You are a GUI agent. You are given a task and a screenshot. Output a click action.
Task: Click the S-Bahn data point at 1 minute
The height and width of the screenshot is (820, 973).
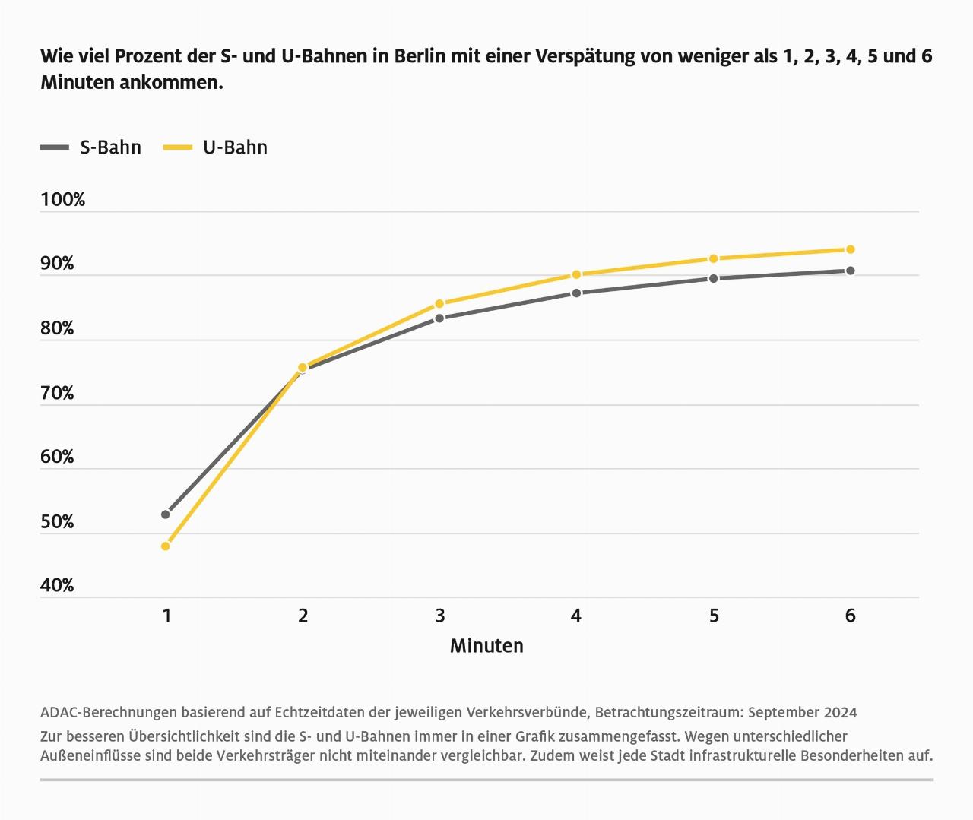[x=166, y=514]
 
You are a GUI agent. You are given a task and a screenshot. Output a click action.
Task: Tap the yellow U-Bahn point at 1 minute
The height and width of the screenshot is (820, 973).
[x=166, y=546]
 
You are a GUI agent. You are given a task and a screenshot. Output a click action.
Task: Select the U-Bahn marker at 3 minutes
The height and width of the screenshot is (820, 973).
[x=439, y=304]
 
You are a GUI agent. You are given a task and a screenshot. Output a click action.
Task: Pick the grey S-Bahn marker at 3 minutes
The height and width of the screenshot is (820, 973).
[x=439, y=318]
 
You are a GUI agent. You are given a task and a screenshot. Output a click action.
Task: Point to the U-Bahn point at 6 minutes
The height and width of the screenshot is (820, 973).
[x=850, y=249]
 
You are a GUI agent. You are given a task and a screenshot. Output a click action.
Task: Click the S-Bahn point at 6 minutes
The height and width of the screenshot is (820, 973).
[x=850, y=271]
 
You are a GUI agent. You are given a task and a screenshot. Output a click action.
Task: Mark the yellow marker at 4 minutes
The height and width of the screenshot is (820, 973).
[x=576, y=274]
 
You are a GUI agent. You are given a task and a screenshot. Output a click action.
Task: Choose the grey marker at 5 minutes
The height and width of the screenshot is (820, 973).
[x=713, y=278]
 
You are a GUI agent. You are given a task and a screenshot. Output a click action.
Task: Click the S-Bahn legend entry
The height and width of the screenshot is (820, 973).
[x=91, y=147]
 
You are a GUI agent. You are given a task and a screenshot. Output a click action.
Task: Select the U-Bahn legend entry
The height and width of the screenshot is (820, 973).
[x=216, y=147]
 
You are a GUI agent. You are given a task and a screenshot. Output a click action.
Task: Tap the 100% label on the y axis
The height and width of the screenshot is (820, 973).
[x=62, y=200]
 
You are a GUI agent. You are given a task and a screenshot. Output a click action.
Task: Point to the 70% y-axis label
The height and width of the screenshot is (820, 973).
[x=57, y=393]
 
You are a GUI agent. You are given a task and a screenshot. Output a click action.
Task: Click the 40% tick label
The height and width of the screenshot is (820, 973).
[x=57, y=585]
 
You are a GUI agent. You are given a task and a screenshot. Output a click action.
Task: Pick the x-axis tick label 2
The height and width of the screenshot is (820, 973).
[x=303, y=616]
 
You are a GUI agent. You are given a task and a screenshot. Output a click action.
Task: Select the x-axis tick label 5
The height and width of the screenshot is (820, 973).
[x=714, y=616]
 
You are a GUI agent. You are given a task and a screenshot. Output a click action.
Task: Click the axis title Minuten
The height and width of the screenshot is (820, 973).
[x=486, y=646]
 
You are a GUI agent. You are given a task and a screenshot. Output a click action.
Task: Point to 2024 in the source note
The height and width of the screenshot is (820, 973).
[x=838, y=712]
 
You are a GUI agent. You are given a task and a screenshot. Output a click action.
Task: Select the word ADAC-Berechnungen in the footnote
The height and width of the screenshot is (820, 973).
[x=108, y=712]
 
